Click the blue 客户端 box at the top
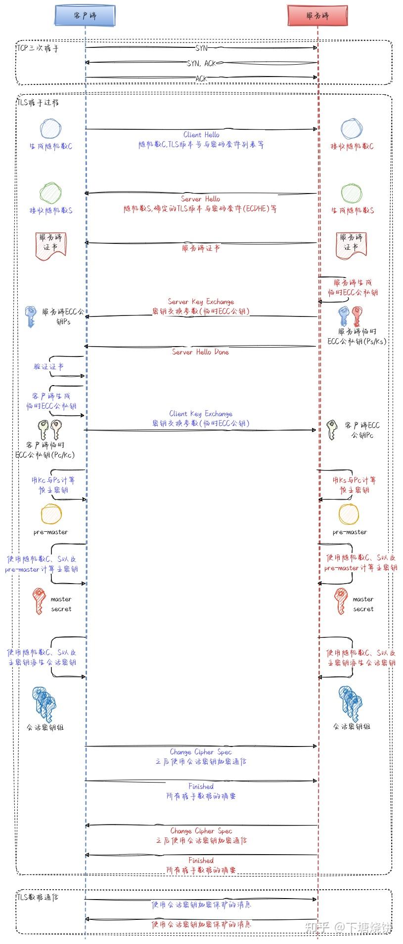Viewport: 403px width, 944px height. point(85,15)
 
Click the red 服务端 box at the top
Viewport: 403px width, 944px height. point(317,15)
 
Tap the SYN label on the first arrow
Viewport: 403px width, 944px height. point(201,48)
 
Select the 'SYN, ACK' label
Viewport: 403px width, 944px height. point(201,63)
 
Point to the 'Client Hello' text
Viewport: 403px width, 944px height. point(201,134)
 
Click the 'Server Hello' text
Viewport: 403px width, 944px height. point(200,198)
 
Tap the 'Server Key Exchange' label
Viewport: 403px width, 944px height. point(201,301)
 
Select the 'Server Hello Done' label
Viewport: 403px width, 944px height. point(200,352)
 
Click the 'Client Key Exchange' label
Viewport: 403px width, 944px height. point(201,413)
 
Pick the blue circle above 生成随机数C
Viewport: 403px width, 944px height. point(51,129)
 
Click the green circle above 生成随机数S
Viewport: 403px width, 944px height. point(352,194)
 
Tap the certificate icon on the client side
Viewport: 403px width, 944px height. point(50,245)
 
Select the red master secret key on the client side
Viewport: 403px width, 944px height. point(38,600)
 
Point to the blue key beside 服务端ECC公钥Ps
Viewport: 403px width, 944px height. point(31,316)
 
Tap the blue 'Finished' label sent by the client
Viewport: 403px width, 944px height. point(201,786)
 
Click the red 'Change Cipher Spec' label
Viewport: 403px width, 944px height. point(201,830)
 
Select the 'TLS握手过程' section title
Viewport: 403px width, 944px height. point(38,103)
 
